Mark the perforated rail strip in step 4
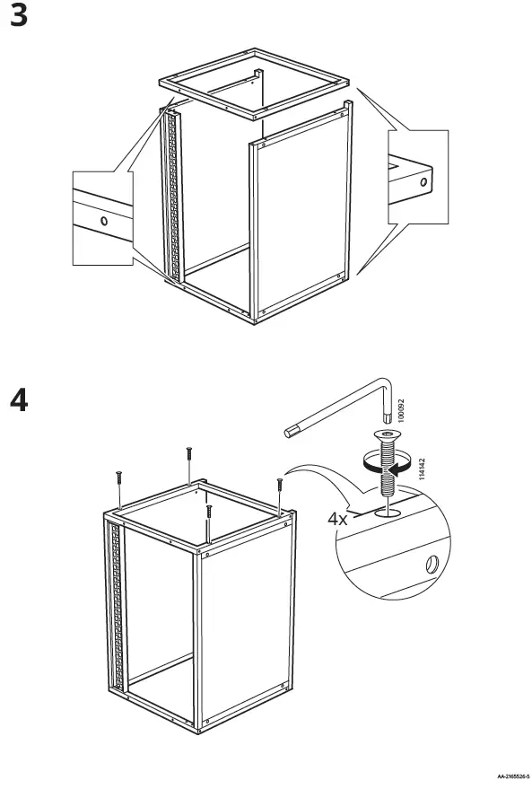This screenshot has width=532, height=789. click(x=113, y=592)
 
